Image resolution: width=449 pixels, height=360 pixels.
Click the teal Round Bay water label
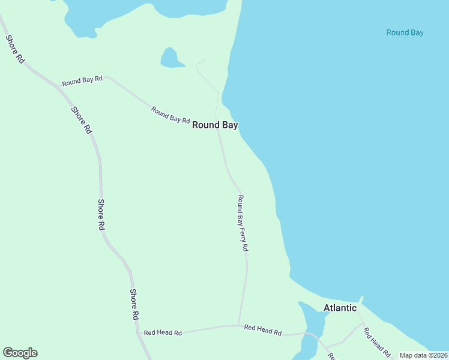[x=405, y=32]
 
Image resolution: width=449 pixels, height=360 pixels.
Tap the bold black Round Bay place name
[x=215, y=125]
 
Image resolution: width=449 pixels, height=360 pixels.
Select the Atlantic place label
[x=340, y=308]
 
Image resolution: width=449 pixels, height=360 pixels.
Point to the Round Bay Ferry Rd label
[x=243, y=223]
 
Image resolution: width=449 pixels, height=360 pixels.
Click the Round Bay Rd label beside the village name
[x=170, y=115]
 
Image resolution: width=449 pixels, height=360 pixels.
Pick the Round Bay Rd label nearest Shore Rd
[x=82, y=79]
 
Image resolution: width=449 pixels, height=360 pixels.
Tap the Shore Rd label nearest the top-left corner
[x=15, y=49]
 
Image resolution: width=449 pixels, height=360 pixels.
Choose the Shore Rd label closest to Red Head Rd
[x=135, y=304]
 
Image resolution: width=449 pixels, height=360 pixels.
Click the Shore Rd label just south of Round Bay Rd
[x=82, y=120]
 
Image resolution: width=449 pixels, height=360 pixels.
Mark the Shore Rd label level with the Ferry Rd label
[x=101, y=215]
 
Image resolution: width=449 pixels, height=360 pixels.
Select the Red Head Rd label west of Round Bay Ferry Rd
[x=162, y=332]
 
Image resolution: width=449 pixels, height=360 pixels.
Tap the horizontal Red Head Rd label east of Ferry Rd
[x=263, y=329]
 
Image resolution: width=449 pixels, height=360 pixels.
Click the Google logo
[x=20, y=353]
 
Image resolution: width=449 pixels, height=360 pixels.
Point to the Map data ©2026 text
[x=424, y=355]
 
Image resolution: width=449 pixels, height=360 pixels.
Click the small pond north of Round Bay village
[x=170, y=58]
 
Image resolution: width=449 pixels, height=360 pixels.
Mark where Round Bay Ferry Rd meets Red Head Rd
[x=238, y=326]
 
